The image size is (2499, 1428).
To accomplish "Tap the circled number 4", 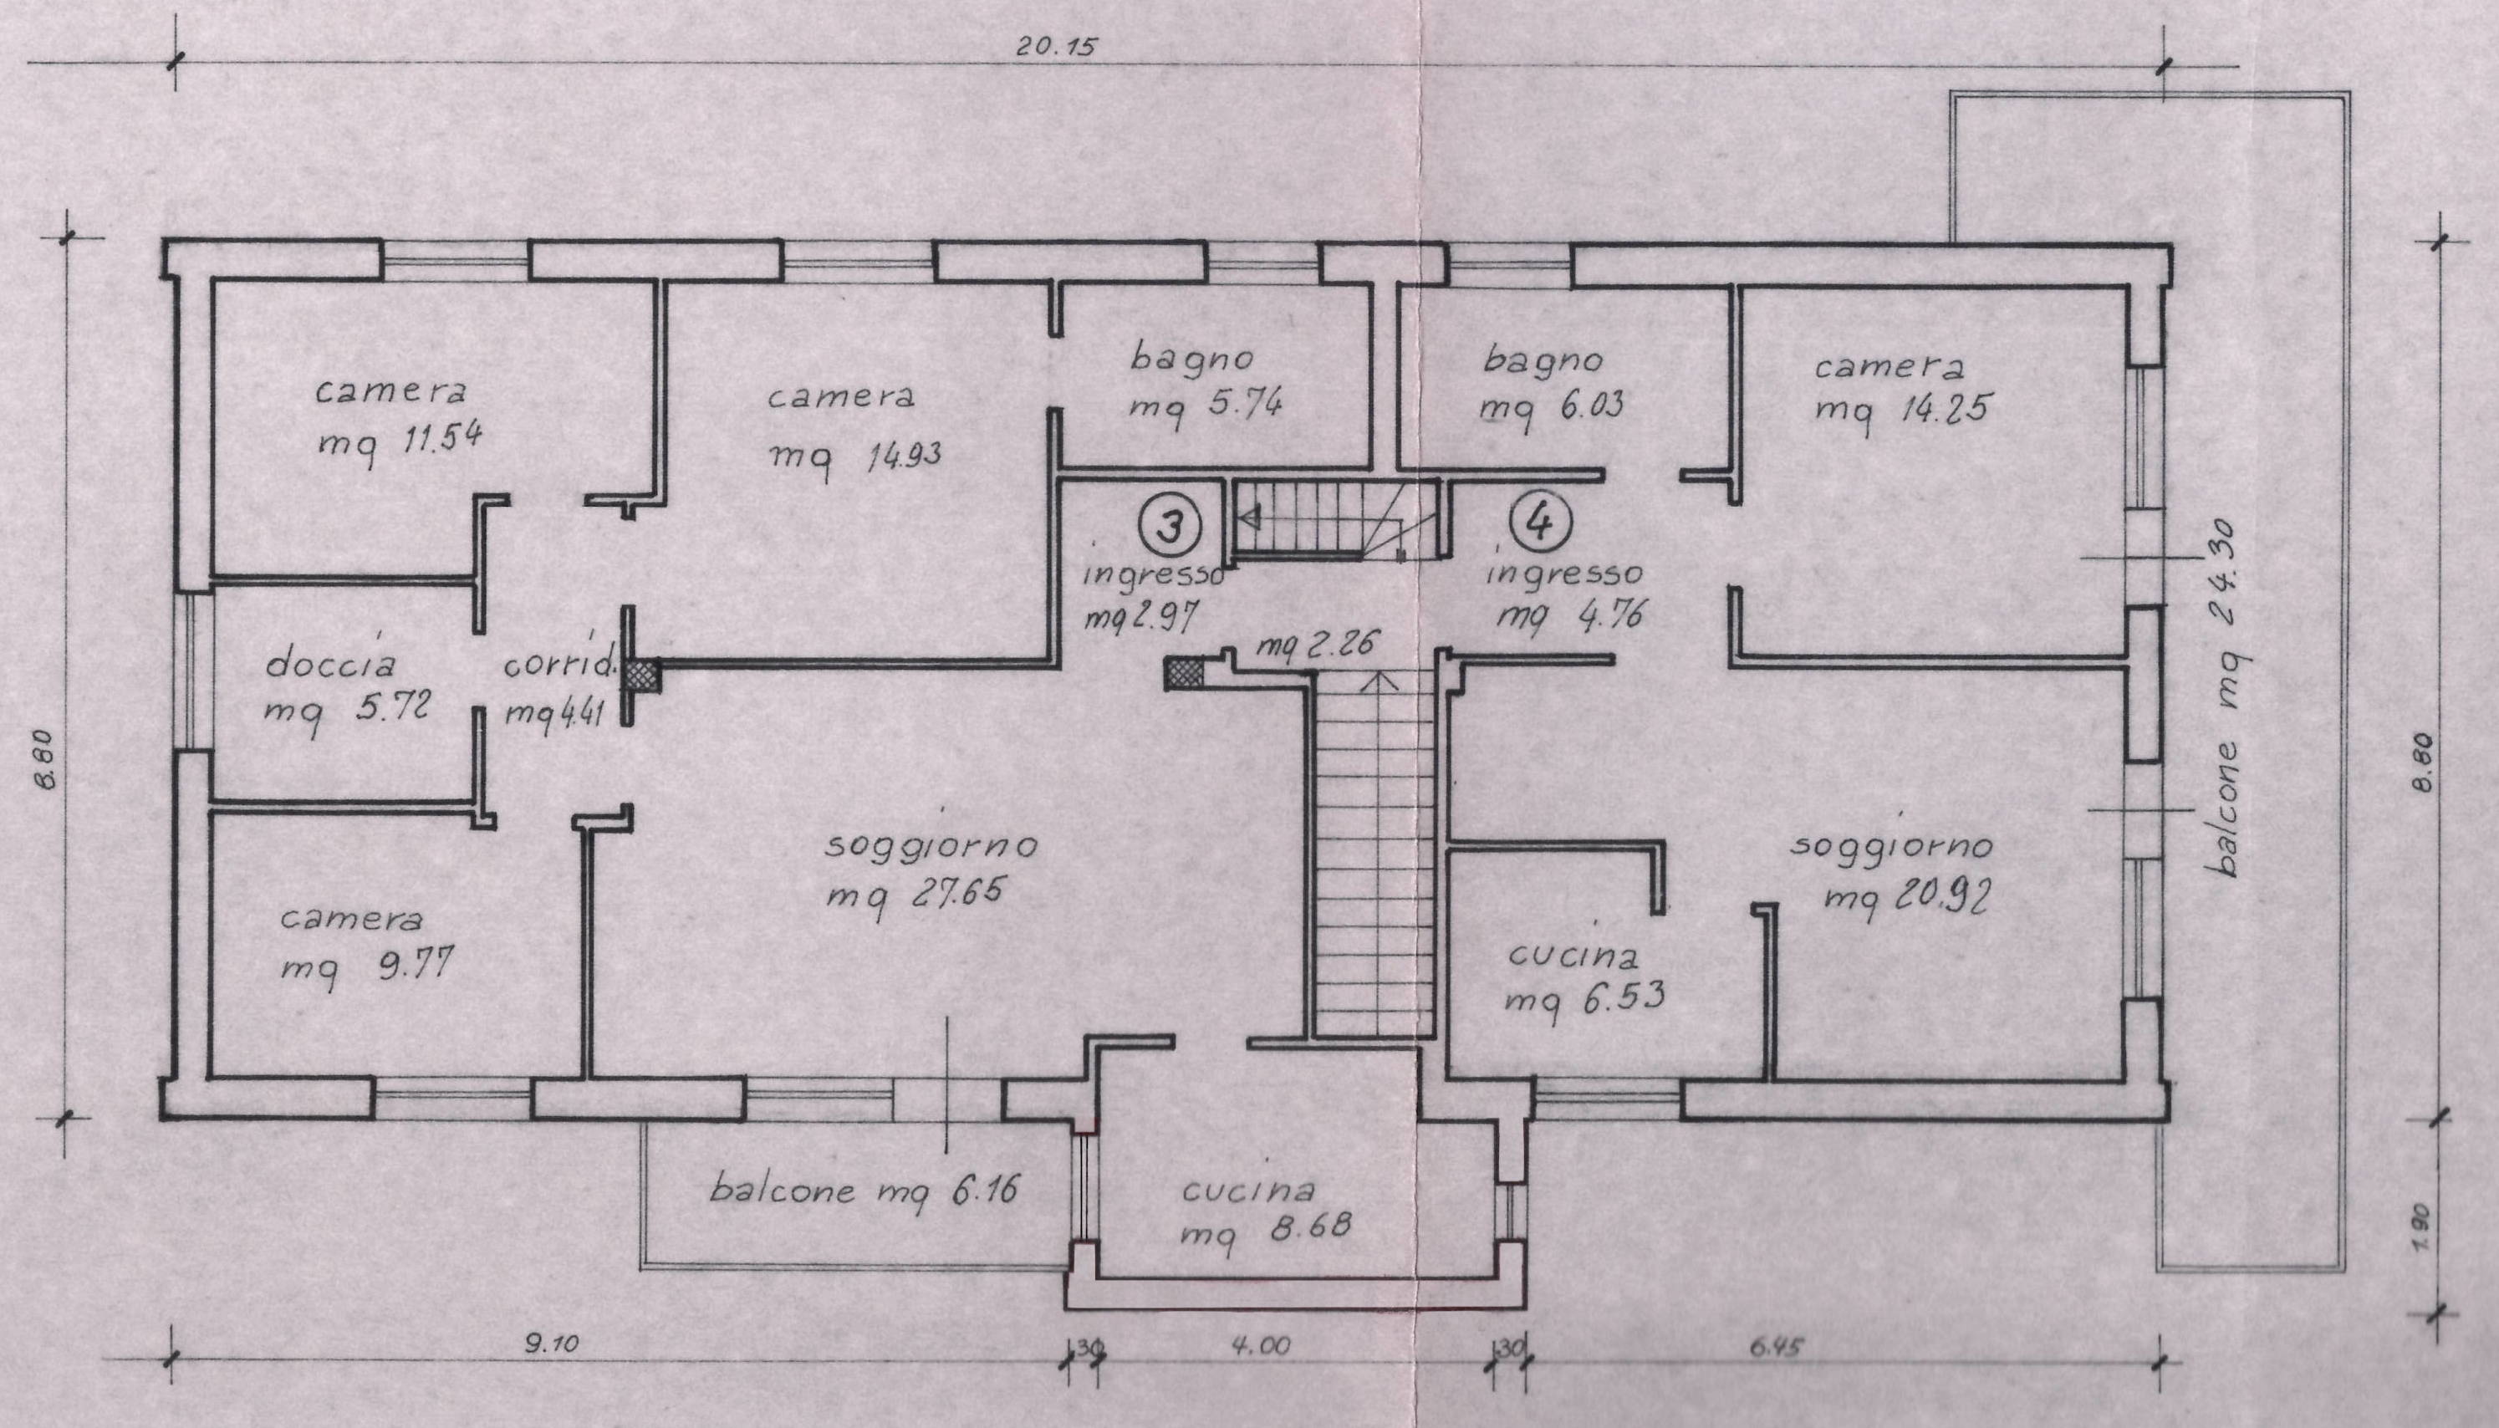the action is (x=1541, y=521).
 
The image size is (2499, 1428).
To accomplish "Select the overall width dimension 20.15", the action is (x=1055, y=46).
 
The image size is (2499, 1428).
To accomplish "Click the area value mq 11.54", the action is (x=400, y=440).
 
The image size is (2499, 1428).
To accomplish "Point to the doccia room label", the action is (x=331, y=665).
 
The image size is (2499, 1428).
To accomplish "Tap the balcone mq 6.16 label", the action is (x=863, y=1191).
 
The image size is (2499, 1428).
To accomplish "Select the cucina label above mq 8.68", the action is (x=1247, y=1190).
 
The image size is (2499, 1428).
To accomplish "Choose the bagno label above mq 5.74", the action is (x=1192, y=357).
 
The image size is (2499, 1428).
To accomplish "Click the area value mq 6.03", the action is (x=1551, y=407).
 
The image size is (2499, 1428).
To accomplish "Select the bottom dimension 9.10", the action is (x=551, y=1344).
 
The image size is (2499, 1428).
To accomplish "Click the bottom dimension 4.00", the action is (x=1262, y=1345).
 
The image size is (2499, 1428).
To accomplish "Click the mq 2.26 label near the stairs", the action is (x=1317, y=645).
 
